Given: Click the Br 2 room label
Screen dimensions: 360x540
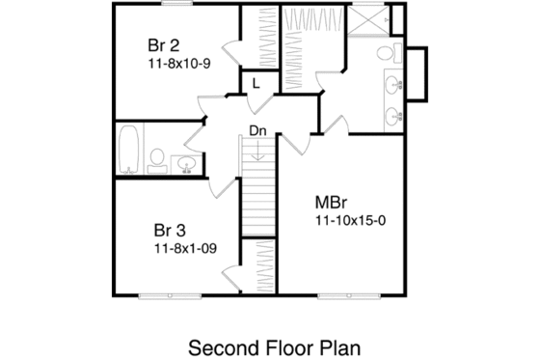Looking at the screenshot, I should pos(165,45).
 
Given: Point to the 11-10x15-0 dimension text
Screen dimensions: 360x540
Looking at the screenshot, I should pos(349,220).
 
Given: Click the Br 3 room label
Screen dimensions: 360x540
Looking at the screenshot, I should pos(170,231).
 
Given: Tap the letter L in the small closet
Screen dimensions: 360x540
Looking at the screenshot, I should pos(256,83).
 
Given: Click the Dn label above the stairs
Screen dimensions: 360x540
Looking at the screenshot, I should pos(257,130).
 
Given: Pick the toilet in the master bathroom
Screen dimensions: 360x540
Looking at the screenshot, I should pos(385,52).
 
